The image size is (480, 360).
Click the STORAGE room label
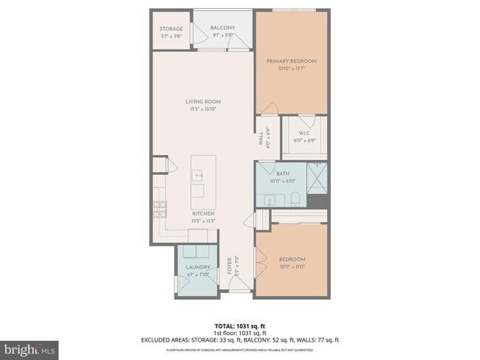click(x=171, y=29)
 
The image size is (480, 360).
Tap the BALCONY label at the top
click(x=224, y=27)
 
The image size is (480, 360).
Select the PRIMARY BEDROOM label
click(x=292, y=62)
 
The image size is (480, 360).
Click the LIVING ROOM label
click(x=202, y=102)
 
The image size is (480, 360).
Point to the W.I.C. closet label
click(x=304, y=134)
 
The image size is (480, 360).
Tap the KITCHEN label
click(x=203, y=213)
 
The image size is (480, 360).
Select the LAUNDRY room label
click(x=198, y=267)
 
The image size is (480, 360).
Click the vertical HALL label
click(x=261, y=139)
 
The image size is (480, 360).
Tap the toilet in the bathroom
click(x=294, y=198)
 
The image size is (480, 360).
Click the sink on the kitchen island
click(x=198, y=175)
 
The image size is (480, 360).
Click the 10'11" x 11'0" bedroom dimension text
click(x=292, y=266)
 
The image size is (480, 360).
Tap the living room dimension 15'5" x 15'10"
click(x=202, y=109)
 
